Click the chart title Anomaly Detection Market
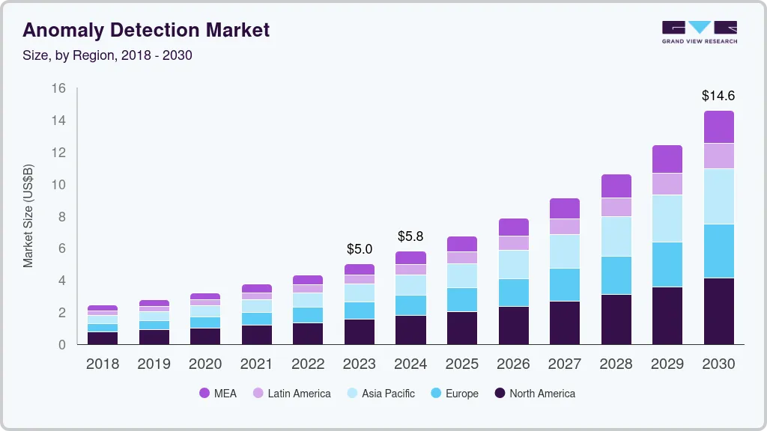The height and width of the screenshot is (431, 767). [146, 31]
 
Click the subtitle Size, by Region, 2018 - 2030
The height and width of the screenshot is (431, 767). [107, 55]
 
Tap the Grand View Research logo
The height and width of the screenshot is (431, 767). [699, 31]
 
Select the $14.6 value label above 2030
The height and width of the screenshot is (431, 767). [718, 96]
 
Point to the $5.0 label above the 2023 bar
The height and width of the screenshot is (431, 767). [359, 248]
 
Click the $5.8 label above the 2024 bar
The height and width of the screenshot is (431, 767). [410, 236]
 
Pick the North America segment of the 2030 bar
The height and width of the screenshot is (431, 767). [718, 311]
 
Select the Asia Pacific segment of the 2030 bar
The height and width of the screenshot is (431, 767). [718, 196]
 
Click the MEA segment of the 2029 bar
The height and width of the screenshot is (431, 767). [667, 159]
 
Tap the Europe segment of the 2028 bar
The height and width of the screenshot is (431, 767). [616, 275]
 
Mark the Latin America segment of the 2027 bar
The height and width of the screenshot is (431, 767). [565, 227]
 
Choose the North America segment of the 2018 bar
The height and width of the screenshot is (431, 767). [103, 337]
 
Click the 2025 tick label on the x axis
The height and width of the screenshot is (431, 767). [461, 364]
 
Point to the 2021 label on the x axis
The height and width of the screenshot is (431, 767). [256, 364]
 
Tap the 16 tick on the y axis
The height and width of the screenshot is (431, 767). [58, 88]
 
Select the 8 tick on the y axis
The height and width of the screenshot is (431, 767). [62, 216]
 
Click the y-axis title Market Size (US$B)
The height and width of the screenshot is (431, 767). [28, 215]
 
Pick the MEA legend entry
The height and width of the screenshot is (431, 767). [218, 394]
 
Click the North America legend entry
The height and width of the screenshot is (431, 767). [534, 394]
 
